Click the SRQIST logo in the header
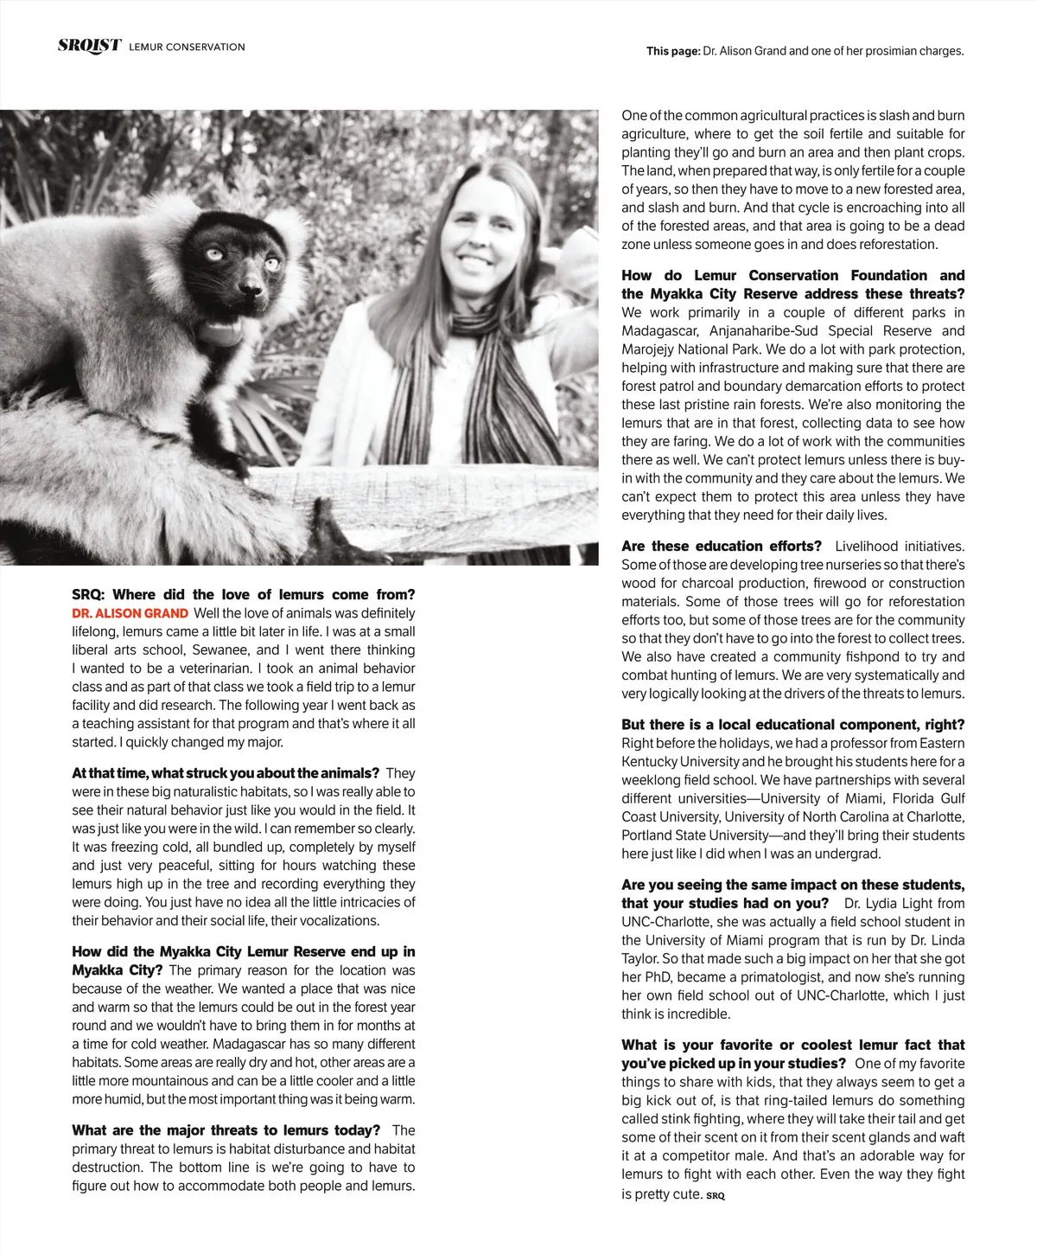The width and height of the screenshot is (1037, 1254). tap(89, 46)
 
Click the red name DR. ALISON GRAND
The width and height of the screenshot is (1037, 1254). tap(130, 613)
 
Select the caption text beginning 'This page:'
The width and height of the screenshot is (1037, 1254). tap(805, 51)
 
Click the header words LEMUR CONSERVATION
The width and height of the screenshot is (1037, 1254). tap(187, 47)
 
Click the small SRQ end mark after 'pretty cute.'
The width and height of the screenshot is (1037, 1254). tap(716, 1196)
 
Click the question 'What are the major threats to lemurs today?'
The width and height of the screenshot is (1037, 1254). tap(226, 1130)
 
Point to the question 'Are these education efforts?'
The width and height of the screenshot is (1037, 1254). tap(722, 547)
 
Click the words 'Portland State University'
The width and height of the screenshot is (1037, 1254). tap(694, 835)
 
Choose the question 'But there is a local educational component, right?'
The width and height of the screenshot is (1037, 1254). tap(792, 725)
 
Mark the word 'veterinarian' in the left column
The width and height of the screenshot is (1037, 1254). tap(208, 669)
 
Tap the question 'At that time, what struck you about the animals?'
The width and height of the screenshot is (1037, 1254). tap(226, 773)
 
